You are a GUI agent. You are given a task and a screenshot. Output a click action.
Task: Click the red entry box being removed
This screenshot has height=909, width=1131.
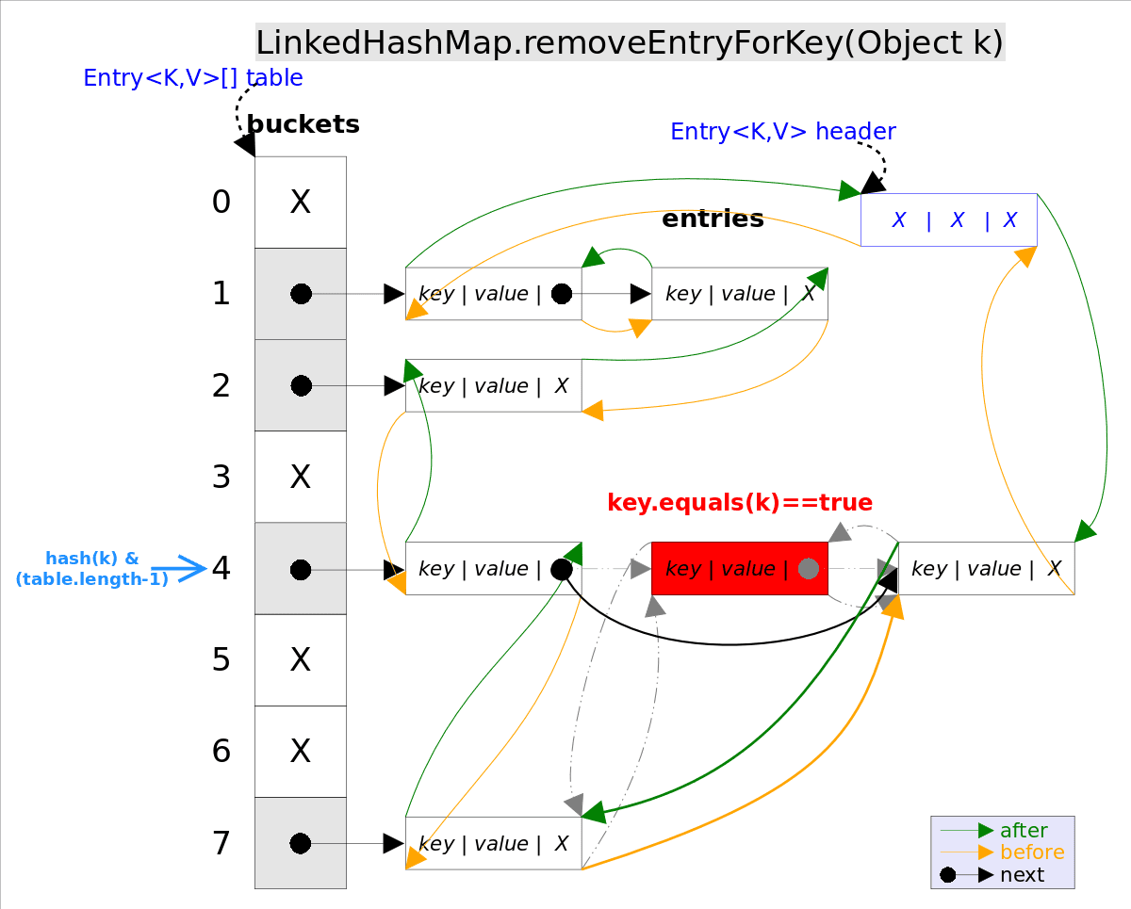[x=739, y=568]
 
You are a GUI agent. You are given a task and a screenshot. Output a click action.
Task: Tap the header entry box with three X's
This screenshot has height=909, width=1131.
[x=949, y=220]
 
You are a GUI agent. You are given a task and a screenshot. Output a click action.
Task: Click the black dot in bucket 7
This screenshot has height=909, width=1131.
[x=301, y=843]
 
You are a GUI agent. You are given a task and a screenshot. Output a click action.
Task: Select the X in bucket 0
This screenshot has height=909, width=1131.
[x=301, y=202]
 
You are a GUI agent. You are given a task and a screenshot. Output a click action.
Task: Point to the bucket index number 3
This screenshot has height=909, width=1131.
[x=221, y=478]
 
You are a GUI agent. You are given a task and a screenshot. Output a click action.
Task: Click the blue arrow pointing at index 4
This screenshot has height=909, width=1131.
[x=179, y=568]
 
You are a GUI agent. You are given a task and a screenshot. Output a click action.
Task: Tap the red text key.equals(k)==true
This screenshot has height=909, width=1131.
[x=740, y=502]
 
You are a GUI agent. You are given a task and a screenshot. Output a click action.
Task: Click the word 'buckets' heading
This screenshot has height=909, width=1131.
[x=303, y=124]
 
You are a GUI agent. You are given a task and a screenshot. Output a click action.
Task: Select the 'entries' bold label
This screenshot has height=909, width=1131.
[x=713, y=219]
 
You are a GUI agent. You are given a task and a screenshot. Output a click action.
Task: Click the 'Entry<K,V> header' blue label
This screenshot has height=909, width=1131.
[x=782, y=132]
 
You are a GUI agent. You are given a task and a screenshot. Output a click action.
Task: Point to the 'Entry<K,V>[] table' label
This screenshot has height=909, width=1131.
[x=193, y=78]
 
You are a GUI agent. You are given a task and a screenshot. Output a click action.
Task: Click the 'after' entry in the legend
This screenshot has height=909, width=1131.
[x=1023, y=831]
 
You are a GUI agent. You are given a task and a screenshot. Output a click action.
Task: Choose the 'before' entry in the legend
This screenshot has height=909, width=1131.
[x=1031, y=852]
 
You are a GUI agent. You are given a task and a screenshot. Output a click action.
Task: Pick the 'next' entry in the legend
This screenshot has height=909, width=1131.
[x=1022, y=875]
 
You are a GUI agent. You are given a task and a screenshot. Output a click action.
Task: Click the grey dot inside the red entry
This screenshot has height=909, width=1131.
[x=808, y=569]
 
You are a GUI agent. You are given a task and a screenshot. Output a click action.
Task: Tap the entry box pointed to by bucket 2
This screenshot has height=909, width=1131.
[x=493, y=385]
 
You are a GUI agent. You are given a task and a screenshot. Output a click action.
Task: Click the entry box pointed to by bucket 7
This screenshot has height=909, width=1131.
[x=493, y=843]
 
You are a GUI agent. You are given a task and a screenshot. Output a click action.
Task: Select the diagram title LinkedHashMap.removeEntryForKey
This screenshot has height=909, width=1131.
[x=630, y=43]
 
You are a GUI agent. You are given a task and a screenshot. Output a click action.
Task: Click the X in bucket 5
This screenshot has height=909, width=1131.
[x=301, y=659]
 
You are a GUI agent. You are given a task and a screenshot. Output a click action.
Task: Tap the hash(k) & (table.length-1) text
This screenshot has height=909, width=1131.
[x=91, y=569]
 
